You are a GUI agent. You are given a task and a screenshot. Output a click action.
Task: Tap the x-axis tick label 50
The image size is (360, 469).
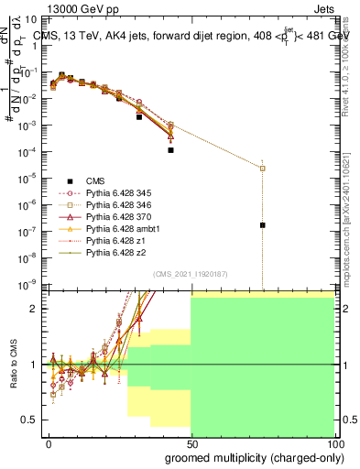pos(191,443)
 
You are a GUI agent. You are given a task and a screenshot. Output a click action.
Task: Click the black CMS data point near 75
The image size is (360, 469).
pos(263,224)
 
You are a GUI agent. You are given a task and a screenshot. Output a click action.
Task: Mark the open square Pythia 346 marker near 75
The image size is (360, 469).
pos(263,169)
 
